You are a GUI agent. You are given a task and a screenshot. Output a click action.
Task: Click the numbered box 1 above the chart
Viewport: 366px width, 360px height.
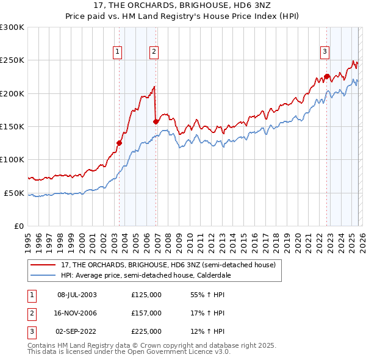pos(117,52)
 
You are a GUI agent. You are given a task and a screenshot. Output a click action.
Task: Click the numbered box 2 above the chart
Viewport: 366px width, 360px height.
pos(154,52)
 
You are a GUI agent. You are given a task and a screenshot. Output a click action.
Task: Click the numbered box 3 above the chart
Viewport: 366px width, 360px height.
pos(325,52)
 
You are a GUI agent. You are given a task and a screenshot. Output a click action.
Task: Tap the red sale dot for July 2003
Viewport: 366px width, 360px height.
pos(120,143)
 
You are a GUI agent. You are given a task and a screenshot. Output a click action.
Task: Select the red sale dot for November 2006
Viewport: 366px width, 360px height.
pos(156,121)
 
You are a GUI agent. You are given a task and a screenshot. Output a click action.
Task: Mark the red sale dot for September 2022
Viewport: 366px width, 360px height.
pos(327,77)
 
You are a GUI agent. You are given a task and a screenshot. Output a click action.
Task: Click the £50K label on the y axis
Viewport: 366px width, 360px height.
pos(14,193)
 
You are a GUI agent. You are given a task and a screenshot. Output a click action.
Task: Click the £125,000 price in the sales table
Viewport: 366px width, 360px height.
pos(146,295)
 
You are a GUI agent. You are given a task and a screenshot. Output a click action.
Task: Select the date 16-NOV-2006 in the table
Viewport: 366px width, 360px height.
pos(77,312)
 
